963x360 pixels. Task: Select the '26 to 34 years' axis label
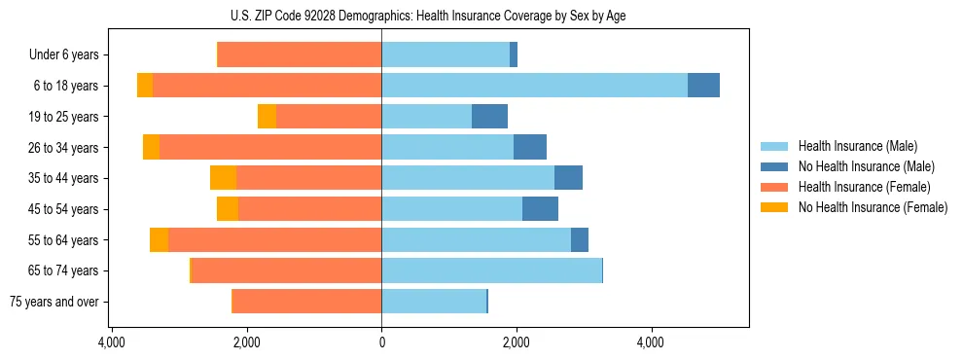coord(64,148)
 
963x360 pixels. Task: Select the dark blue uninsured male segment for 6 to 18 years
coord(703,86)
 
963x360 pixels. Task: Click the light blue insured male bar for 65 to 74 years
coord(491,270)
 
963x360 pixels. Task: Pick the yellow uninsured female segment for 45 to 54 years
coord(228,209)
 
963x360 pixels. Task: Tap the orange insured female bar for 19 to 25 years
coord(329,117)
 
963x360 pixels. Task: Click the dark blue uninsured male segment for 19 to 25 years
coord(489,117)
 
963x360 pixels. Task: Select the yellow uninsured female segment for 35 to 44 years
coord(223,178)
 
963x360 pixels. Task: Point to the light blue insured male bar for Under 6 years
coord(446,55)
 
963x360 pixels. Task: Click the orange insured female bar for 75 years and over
coord(306,302)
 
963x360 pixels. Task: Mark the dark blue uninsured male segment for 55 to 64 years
coord(580,240)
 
